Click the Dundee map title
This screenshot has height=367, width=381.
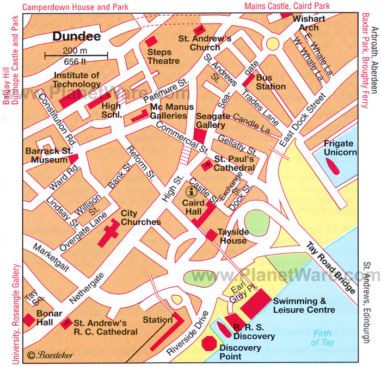pyautogui.click(x=77, y=37)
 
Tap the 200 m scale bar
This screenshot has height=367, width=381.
pyautogui.click(x=76, y=53)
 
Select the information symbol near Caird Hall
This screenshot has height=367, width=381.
pyautogui.click(x=190, y=191)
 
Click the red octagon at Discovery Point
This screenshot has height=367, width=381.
pyautogui.click(x=208, y=344)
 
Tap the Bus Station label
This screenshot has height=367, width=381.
pyautogui.click(x=271, y=82)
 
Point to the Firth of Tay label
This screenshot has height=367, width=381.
pyautogui.click(x=323, y=338)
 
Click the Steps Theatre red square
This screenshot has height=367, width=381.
pyautogui.click(x=150, y=41)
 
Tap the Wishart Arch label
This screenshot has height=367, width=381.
pyautogui.click(x=309, y=22)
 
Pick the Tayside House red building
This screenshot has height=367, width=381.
pyautogui.click(x=211, y=235)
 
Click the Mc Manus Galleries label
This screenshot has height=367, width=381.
pyautogui.click(x=169, y=111)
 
